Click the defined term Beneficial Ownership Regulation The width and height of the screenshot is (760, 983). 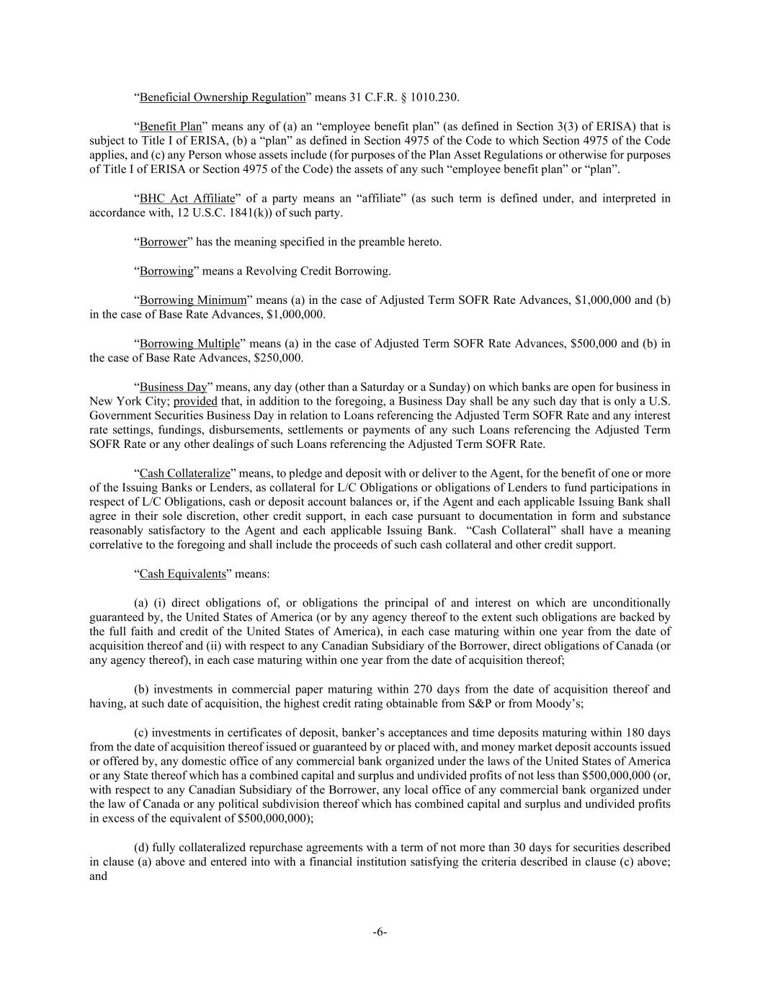coord(223,97)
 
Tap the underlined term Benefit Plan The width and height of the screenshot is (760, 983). coord(171,127)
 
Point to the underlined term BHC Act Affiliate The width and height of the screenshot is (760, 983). coord(187,199)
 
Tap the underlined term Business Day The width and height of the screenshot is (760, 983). coord(173,387)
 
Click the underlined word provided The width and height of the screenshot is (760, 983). coord(195,401)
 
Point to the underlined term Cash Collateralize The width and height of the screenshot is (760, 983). coord(184,474)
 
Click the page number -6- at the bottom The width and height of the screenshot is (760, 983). coord(380,933)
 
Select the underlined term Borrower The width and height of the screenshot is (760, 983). coord(164,242)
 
